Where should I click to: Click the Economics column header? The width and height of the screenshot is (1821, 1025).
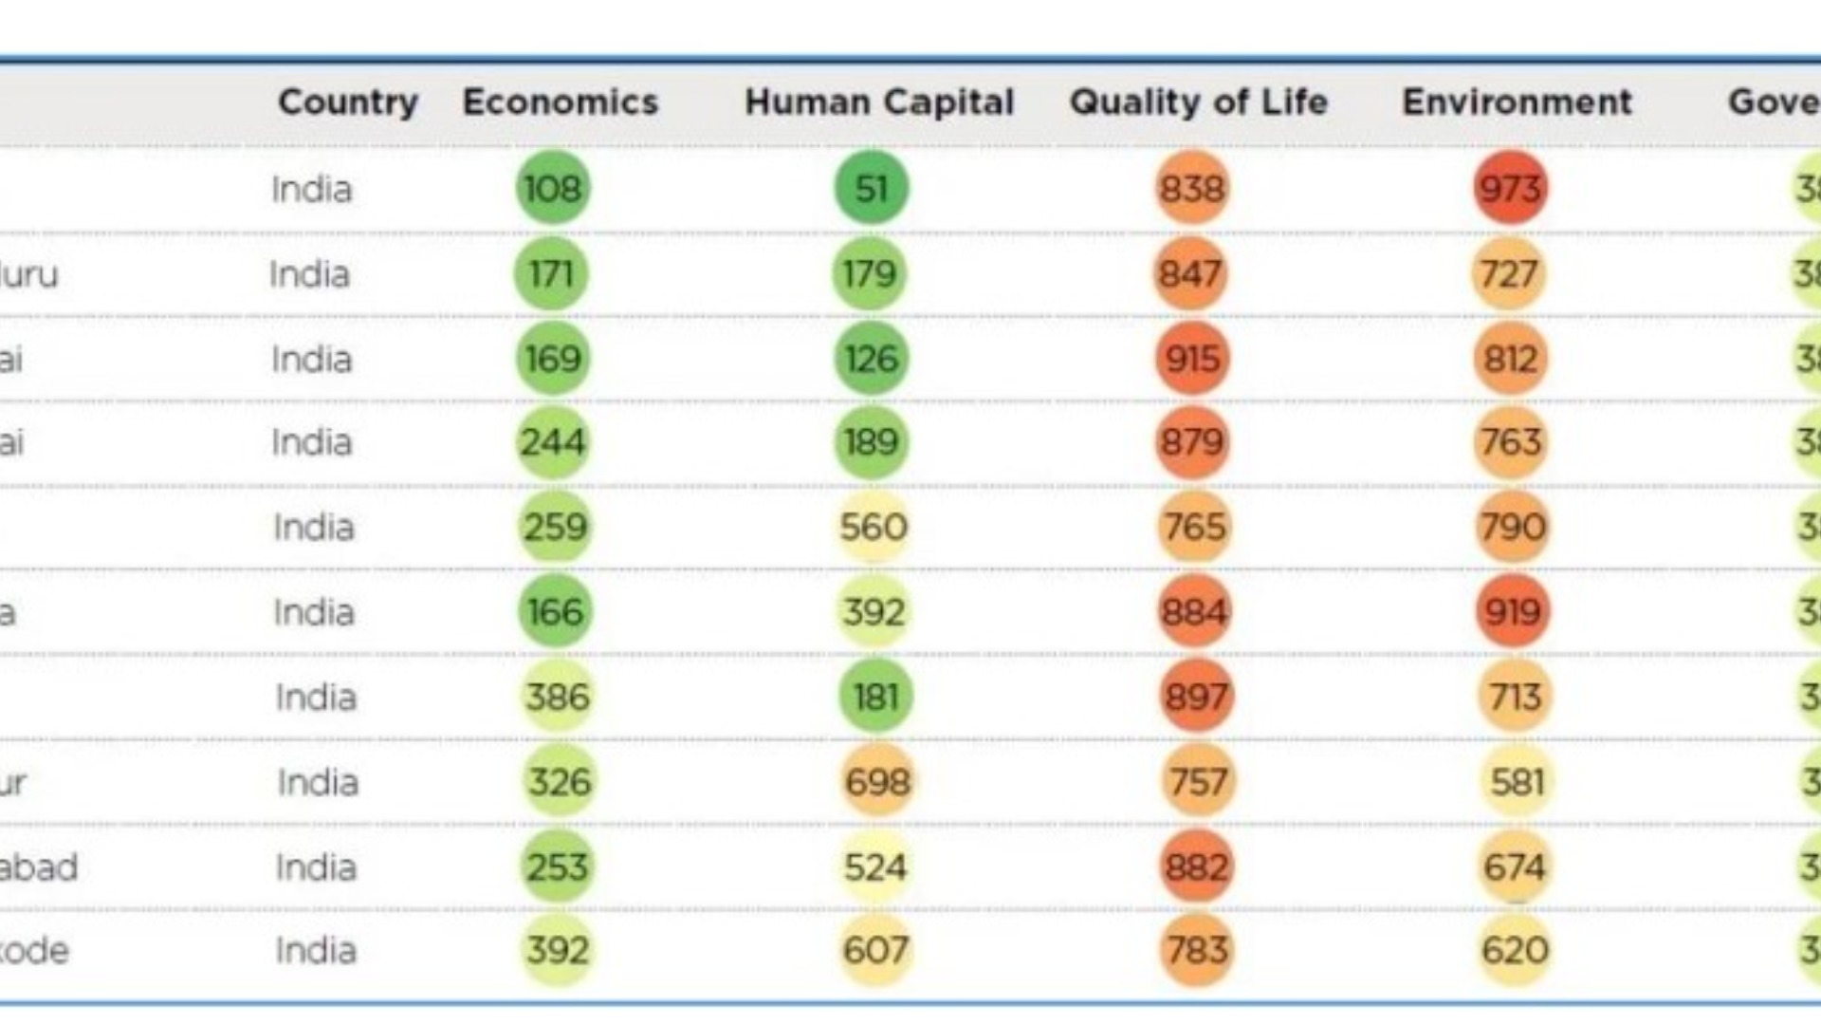pos(560,102)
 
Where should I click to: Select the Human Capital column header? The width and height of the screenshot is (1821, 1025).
pos(878,102)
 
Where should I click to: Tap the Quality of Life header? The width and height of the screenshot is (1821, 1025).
pos(1198,102)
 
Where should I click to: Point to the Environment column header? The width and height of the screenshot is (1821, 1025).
pos(1517,102)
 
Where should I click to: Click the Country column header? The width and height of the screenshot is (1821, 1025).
pos(347,102)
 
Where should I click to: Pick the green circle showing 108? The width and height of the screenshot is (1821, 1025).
pos(553,188)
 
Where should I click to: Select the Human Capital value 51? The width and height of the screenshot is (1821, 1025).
pos(871,188)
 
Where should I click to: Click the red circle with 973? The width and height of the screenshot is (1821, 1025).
pos(1511,188)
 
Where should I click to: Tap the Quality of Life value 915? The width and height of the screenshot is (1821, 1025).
pos(1192,359)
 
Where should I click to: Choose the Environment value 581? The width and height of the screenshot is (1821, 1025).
pos(1517,782)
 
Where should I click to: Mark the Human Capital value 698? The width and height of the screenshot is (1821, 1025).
pos(877,782)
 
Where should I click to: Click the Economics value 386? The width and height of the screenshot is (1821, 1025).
pos(558,697)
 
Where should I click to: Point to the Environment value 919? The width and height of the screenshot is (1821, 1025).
pos(1513,612)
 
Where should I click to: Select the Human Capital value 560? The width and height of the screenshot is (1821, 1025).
pos(874,527)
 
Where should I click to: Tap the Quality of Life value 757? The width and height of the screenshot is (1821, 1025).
pos(1198,782)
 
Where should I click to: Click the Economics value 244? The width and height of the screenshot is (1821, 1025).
pos(553,442)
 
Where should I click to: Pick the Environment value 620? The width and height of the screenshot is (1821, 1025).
pos(1515,950)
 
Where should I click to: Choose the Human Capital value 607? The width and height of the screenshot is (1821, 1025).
pos(875,950)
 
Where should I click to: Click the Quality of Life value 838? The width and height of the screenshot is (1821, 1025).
pos(1192,188)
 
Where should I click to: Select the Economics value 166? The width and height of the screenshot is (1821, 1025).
pos(555,612)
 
